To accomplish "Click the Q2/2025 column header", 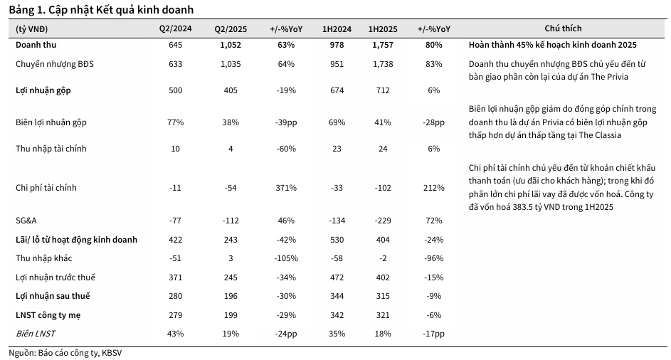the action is pyautogui.click(x=229, y=29).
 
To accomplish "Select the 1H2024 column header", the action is pyautogui.click(x=332, y=29).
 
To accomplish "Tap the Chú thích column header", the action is pyautogui.click(x=563, y=29).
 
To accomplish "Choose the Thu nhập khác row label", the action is pyautogui.click(x=44, y=258).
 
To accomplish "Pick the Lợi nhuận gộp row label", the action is pyautogui.click(x=43, y=90).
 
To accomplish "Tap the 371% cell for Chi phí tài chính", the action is pyautogui.click(x=286, y=189).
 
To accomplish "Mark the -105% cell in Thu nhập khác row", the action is pyautogui.click(x=286, y=258).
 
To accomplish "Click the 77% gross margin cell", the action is pyautogui.click(x=175, y=122).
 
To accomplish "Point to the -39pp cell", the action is pyautogui.click(x=286, y=122).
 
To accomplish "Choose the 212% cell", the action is pyautogui.click(x=434, y=189).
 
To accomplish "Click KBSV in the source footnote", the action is pyautogui.click(x=112, y=352).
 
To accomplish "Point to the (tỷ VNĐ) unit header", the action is pyautogui.click(x=32, y=29).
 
